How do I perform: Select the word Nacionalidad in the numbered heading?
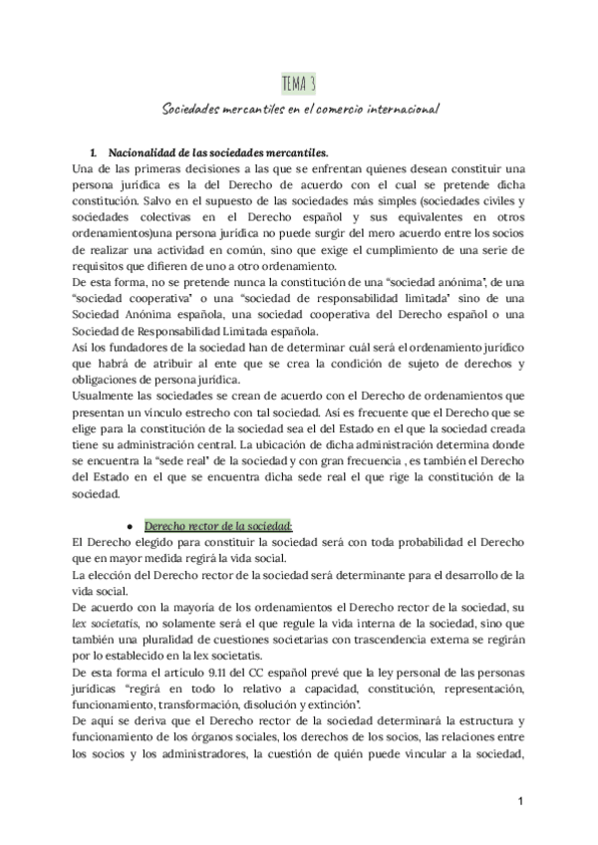click(149, 152)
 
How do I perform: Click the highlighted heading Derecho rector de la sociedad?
click(218, 524)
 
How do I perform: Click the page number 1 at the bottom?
click(520, 802)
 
